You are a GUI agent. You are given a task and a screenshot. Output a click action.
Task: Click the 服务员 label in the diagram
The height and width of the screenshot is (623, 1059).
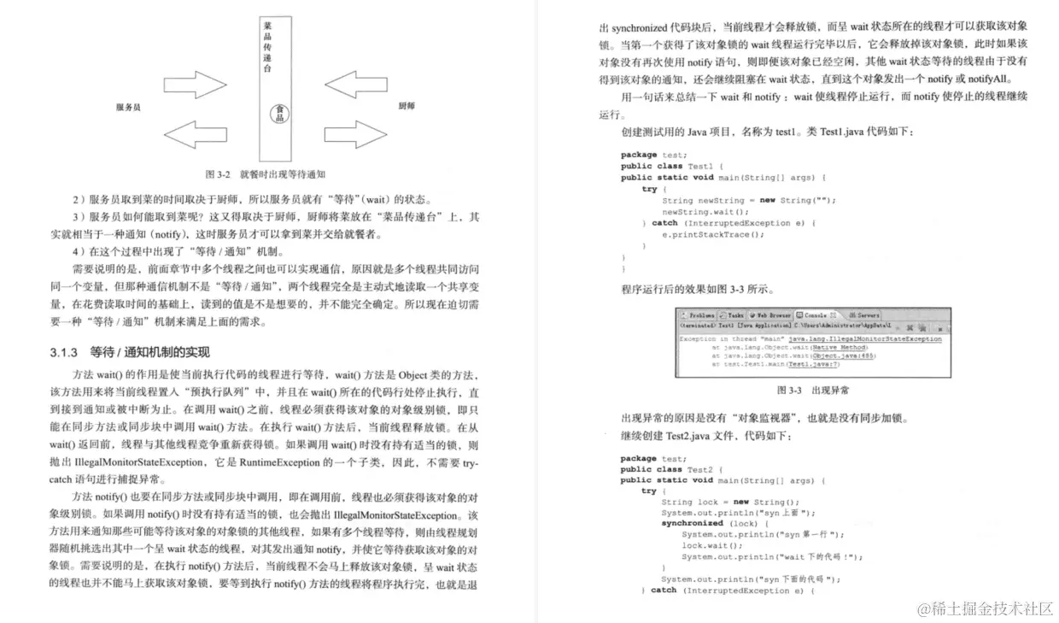click(128, 108)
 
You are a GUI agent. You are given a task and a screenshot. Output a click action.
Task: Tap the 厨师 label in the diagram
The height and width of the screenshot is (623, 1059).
click(407, 107)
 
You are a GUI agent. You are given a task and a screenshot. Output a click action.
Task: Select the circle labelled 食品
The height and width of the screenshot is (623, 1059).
click(279, 113)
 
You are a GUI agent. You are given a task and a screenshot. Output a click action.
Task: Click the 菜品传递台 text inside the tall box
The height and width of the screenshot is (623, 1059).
click(268, 48)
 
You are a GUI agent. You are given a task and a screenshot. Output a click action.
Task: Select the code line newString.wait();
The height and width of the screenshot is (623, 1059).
click(705, 211)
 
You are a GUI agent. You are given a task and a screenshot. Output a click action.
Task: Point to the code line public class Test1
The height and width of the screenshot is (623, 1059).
click(671, 166)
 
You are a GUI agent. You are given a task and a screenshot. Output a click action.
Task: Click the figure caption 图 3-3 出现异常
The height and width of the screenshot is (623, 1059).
click(812, 391)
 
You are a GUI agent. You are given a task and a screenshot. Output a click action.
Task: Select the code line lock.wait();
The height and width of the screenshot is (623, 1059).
click(705, 545)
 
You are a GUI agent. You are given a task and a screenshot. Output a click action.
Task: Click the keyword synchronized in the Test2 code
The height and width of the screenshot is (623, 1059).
click(692, 523)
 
